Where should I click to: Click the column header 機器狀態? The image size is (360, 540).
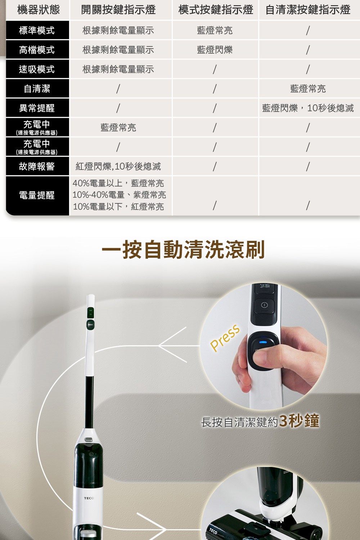pos(38,10)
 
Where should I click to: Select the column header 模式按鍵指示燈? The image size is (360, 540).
pos(216,10)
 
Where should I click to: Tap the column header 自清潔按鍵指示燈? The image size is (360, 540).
pos(308,10)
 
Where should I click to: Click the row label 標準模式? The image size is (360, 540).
pos(37,30)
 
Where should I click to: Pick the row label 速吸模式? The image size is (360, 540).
pos(37,69)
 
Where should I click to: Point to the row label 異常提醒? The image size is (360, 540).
pos(37,108)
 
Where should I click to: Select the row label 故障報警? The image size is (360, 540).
pos(37,166)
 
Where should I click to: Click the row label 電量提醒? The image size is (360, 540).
pos(37,195)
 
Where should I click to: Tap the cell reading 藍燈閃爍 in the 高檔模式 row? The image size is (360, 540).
pos(215,50)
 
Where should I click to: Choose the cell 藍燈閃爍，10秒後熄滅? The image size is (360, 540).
pos(308,108)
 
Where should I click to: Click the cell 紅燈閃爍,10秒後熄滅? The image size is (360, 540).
pos(118,166)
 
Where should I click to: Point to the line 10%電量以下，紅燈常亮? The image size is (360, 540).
pos(118,207)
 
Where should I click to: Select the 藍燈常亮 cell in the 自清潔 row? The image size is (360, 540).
pos(308,89)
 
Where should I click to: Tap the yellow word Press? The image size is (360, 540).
pos(225,338)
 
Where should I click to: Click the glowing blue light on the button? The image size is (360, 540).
pos(263,342)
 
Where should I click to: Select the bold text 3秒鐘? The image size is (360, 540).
pos(299,421)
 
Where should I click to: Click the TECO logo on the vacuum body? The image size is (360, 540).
pos(89,498)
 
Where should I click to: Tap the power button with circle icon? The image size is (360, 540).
pos(264,305)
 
